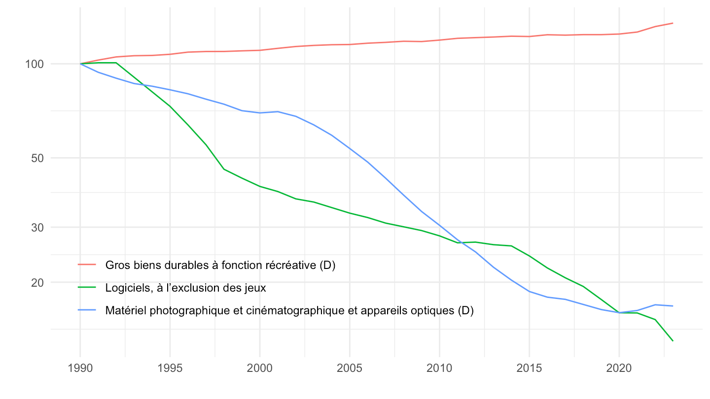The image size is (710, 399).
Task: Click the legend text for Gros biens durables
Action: coord(220,265)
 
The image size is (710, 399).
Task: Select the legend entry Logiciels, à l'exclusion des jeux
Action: coord(186,288)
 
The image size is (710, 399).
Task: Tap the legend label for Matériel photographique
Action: coord(289,310)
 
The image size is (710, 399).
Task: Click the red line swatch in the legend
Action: coord(87,265)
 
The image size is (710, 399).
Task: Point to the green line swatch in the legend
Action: coord(87,288)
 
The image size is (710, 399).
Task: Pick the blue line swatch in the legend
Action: coord(87,310)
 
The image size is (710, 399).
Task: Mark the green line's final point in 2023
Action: coord(673,341)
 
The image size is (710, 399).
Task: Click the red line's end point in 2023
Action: coord(673,23)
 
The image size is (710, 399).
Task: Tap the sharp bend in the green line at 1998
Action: coord(224,169)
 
